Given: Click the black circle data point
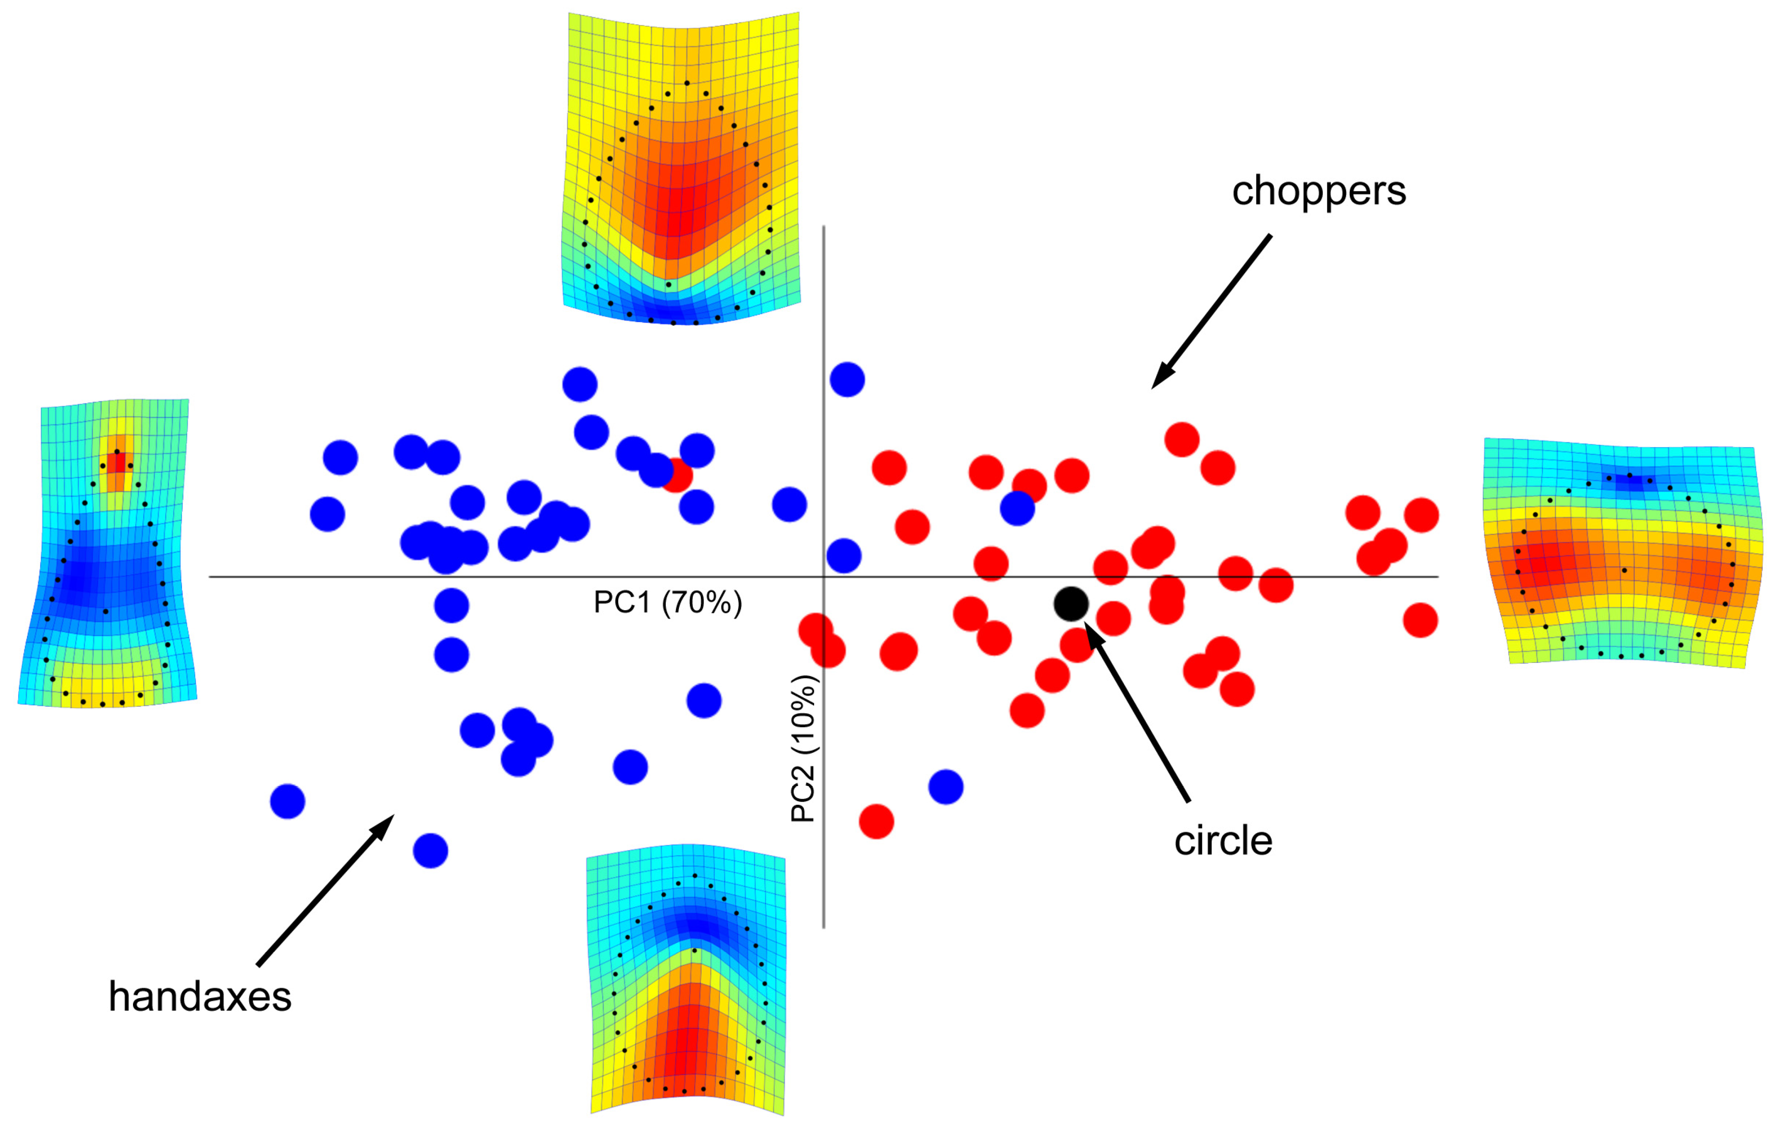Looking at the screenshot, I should pyautogui.click(x=1070, y=604).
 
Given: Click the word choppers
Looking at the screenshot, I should pyautogui.click(x=1319, y=190).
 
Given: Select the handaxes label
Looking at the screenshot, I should pyautogui.click(x=200, y=997).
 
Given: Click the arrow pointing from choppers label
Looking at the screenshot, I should pyautogui.click(x=1212, y=310).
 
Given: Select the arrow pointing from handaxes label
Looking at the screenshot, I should pyautogui.click(x=325, y=891).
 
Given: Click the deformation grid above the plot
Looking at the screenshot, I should pyautogui.click(x=681, y=169).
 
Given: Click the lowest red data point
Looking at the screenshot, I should pyautogui.click(x=876, y=821).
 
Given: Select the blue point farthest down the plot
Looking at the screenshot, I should pyautogui.click(x=430, y=851).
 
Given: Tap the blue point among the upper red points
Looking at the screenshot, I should pyautogui.click(x=1017, y=508).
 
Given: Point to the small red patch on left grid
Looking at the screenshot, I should pyautogui.click(x=117, y=464).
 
